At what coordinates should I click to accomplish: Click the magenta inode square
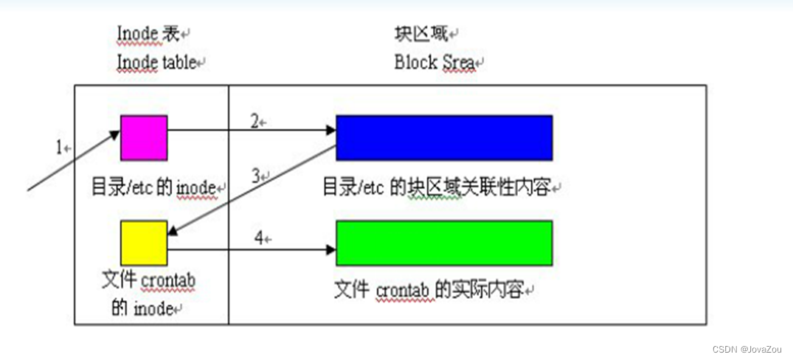tap(144, 137)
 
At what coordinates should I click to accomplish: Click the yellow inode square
tap(144, 243)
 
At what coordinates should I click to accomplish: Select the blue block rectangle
tap(444, 137)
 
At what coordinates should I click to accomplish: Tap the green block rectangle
tap(444, 243)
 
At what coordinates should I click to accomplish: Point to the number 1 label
tap(60, 148)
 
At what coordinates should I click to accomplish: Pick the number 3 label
tap(255, 176)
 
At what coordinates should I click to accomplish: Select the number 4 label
tap(258, 238)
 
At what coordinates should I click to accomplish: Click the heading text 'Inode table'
tap(156, 63)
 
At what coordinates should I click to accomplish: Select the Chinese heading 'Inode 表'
tap(150, 33)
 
